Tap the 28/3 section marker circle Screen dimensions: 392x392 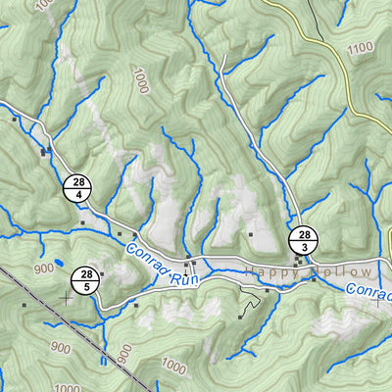coord(305,240)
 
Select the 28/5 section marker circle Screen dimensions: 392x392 coord(87,280)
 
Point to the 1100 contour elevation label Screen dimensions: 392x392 coord(360,48)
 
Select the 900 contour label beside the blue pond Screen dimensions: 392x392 coord(43,269)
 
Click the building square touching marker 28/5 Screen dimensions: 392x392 coord(102,274)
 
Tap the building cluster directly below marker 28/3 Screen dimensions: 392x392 coord(299,261)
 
